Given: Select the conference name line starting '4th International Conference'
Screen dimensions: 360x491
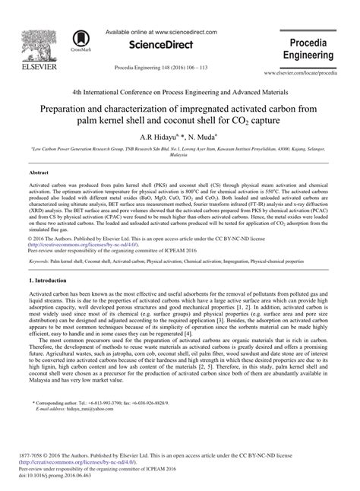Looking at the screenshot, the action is [180, 89].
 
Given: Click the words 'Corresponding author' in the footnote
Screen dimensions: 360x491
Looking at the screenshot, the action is [61, 401].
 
